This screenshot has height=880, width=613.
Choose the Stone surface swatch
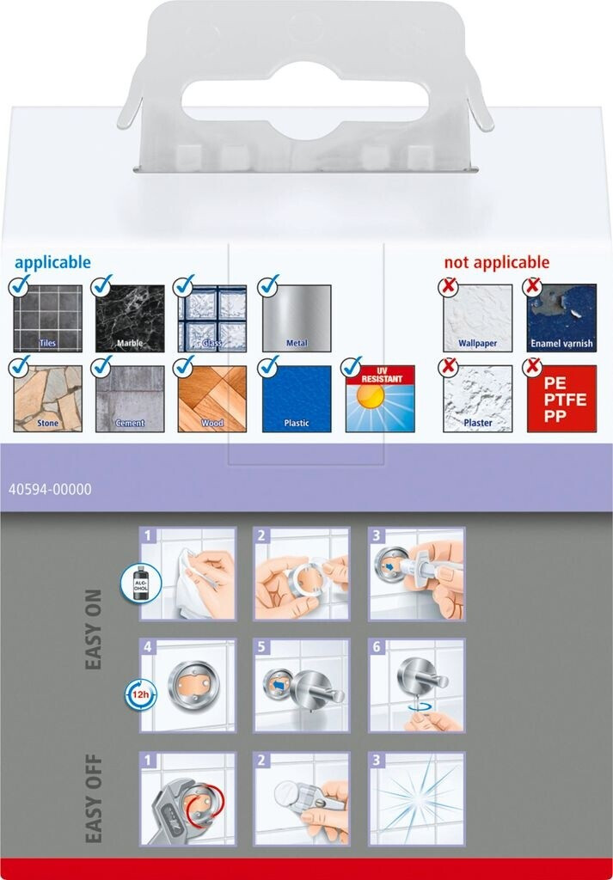[x=47, y=399]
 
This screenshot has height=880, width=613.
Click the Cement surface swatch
[x=130, y=399]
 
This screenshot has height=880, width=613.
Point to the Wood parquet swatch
[x=212, y=399]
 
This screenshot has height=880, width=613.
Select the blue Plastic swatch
[x=297, y=399]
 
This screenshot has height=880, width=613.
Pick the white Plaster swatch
[x=477, y=399]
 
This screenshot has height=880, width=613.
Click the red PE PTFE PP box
[x=561, y=399]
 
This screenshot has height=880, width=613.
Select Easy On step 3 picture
[x=417, y=574]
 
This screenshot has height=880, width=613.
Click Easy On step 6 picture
[x=417, y=685]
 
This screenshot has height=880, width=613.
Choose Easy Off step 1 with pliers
[x=188, y=798]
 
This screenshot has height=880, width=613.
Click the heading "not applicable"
[x=496, y=263]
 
